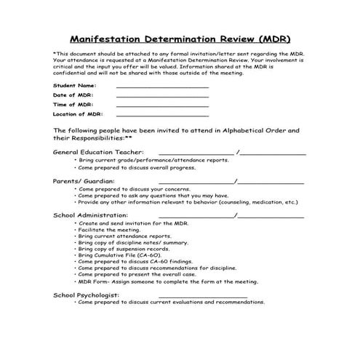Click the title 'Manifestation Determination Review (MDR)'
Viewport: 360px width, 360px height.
pos(180,38)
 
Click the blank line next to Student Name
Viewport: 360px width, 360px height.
pos(161,87)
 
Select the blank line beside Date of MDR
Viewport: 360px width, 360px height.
pos(161,96)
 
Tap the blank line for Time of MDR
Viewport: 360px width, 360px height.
pos(161,105)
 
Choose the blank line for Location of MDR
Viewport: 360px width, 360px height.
pos(161,115)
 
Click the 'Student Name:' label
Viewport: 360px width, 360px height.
pos(74,86)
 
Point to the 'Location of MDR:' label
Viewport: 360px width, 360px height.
pos(79,114)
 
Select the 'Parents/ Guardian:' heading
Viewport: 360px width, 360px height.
pos(84,180)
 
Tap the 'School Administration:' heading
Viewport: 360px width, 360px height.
pos(91,215)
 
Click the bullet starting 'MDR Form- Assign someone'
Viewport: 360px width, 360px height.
pos(158,282)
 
